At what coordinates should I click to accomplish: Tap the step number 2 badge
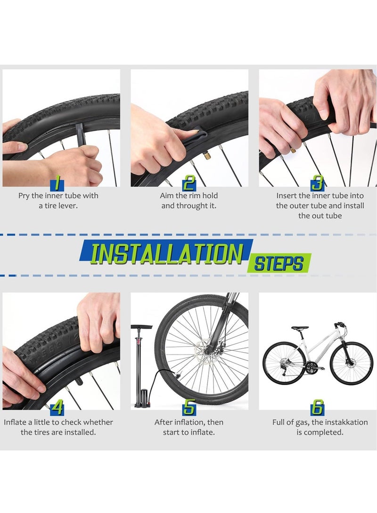(189, 182)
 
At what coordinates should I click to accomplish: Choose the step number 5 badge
(189, 408)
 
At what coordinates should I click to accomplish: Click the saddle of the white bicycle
(300, 328)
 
